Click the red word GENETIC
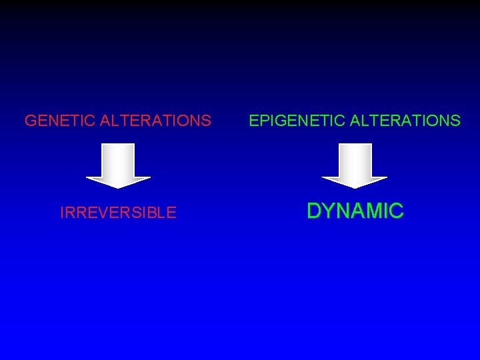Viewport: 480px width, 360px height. point(59,121)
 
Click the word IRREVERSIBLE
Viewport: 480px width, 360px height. point(118,213)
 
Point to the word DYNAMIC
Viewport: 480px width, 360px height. point(355,211)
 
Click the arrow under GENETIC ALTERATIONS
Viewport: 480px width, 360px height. point(119,164)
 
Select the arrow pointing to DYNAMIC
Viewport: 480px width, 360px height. point(355,164)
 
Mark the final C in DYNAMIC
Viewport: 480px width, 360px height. point(397,211)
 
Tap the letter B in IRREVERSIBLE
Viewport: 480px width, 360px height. point(155,213)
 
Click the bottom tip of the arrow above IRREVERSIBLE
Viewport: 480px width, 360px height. point(119,187)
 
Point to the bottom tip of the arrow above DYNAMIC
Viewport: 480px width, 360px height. point(355,188)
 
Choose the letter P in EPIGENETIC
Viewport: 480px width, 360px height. point(263,121)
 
